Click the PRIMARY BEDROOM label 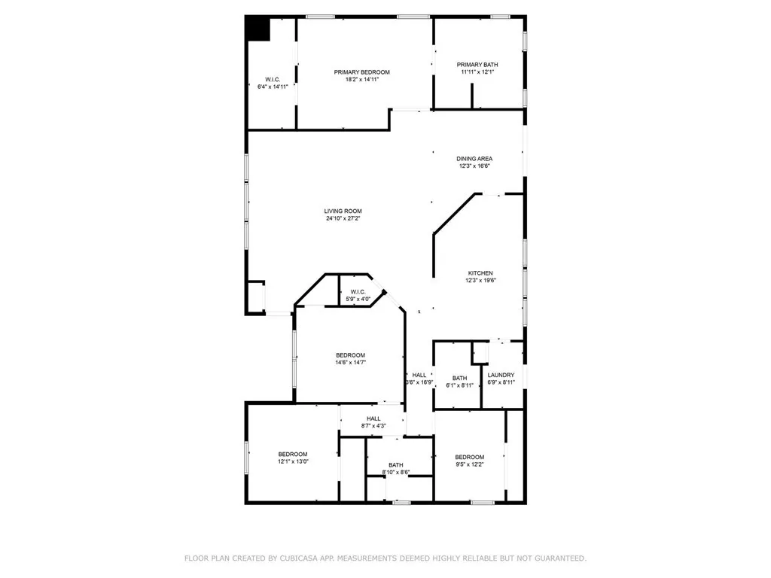pos(361,72)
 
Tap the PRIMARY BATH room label pos(479,65)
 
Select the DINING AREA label pos(474,159)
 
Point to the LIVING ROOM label pos(343,211)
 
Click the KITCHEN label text pos(480,273)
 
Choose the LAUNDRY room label pos(501,375)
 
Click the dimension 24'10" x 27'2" pos(343,219)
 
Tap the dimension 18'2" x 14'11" pos(361,80)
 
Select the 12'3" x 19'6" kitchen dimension pos(480,281)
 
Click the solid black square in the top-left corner pos(258,29)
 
